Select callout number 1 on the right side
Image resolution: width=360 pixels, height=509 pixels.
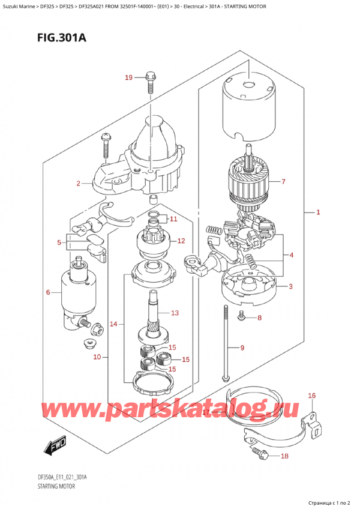319,212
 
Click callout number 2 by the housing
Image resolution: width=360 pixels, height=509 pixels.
79,183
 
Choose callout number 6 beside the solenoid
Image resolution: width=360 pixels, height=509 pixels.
49,292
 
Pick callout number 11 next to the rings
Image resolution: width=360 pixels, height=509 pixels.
173,218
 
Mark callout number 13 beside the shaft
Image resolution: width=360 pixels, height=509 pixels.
175,313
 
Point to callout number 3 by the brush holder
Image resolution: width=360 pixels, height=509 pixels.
290,286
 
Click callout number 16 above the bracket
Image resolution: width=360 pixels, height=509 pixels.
311,396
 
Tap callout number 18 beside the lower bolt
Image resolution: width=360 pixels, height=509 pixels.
284,457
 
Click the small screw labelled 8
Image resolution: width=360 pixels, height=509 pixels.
242,315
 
